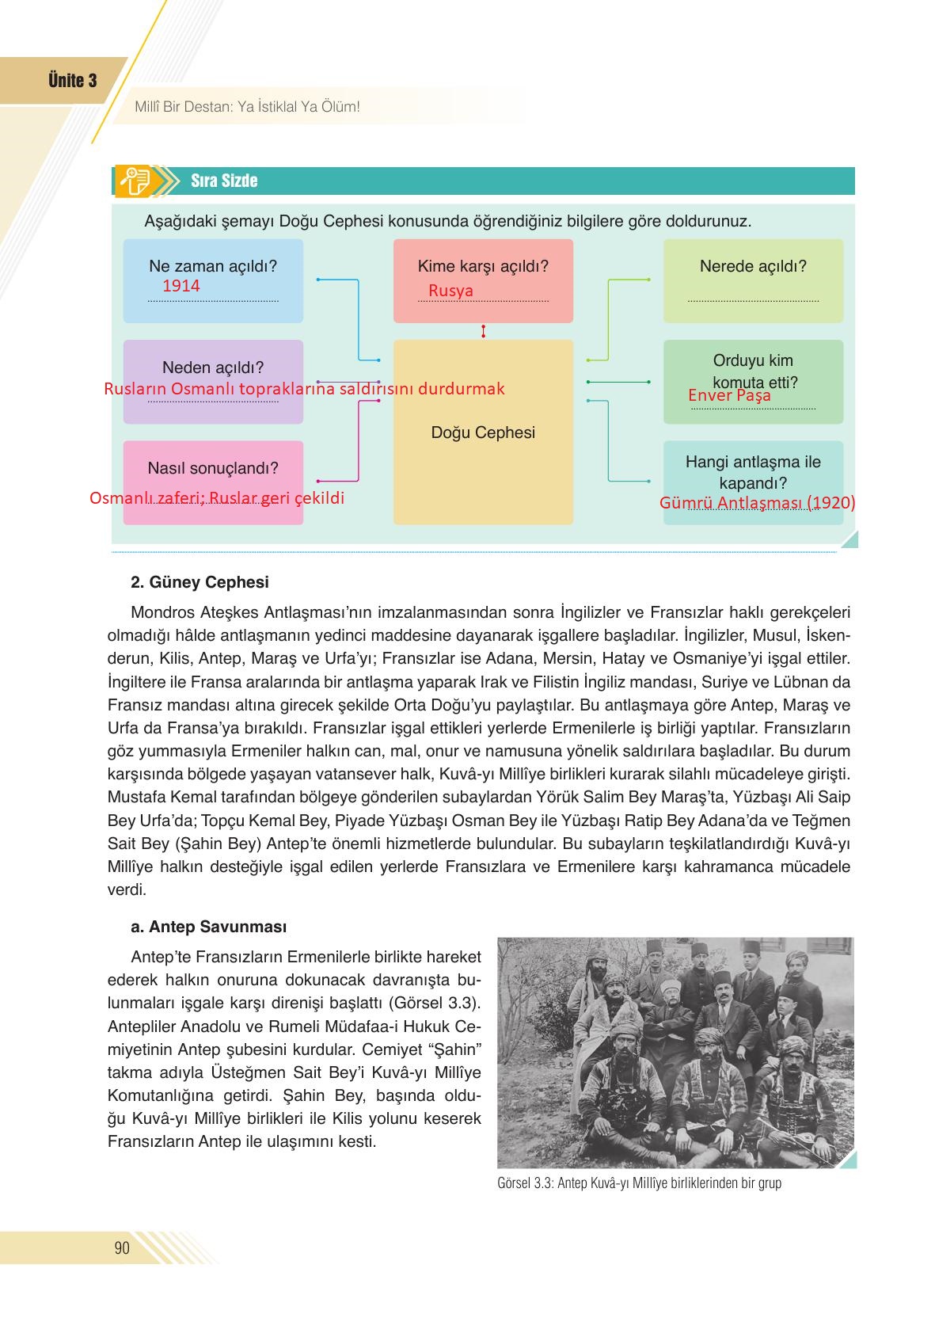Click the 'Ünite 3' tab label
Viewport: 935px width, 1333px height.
(72, 81)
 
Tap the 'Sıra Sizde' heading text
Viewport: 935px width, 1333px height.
(224, 181)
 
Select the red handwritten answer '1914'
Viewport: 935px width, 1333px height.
(181, 286)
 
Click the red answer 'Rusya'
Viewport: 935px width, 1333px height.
(450, 291)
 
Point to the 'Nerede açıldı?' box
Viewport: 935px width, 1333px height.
(753, 280)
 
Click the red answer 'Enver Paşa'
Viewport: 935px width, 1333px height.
(729, 395)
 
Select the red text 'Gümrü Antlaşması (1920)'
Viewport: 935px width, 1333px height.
(757, 503)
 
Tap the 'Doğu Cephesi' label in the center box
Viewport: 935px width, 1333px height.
(483, 432)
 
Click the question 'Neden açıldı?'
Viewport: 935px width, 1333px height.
(212, 368)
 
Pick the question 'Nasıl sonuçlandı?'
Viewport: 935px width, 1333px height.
(212, 468)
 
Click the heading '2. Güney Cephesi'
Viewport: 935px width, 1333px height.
(200, 583)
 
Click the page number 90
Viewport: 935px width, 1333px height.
(122, 1249)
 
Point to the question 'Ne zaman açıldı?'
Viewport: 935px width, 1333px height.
(212, 266)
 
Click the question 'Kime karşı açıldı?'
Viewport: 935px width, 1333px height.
(483, 267)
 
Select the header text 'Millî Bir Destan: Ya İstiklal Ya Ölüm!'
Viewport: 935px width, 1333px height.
(247, 106)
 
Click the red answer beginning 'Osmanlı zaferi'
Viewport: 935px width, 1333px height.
(217, 499)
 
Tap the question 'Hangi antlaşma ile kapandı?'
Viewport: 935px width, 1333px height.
(753, 473)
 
